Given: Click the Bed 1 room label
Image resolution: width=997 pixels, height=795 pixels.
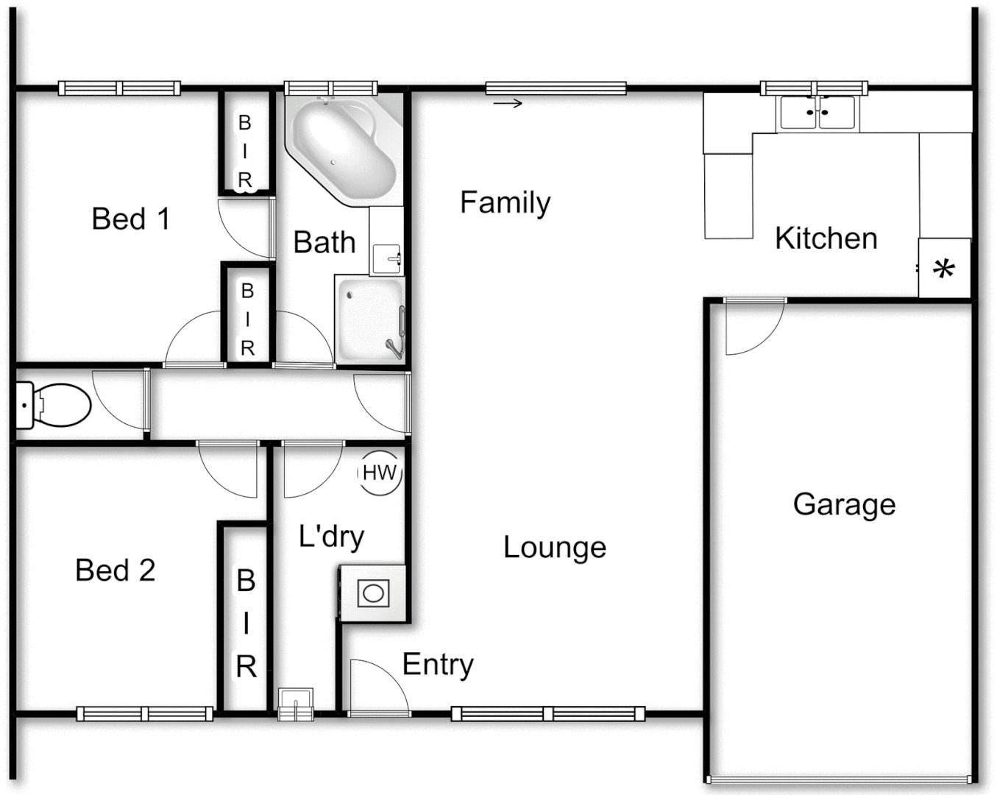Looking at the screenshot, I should click(131, 219).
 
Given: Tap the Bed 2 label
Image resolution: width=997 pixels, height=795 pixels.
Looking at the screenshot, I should click(116, 570).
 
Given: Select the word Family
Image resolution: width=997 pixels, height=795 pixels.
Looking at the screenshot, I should click(505, 202).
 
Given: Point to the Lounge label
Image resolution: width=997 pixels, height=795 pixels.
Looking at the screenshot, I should click(555, 547).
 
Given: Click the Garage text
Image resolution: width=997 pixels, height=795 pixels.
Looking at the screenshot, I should click(844, 505).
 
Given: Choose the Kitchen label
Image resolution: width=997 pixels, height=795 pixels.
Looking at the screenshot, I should click(826, 239).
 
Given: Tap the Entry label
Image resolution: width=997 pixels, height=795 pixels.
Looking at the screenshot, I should click(438, 665).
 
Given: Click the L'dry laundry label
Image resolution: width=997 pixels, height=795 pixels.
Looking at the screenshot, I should click(331, 537).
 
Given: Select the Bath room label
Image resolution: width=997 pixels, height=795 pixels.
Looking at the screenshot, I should click(324, 242).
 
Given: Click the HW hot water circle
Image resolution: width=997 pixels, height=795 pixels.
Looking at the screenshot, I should click(380, 473).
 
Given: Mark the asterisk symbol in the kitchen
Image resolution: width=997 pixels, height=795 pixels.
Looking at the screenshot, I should click(944, 269).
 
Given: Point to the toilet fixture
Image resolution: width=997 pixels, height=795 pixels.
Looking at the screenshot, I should click(54, 404).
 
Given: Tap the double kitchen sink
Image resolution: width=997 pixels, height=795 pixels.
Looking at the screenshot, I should click(817, 113).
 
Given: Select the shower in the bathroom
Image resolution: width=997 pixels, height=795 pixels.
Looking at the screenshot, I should click(370, 319).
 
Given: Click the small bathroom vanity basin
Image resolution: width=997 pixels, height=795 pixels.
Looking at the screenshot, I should click(386, 258).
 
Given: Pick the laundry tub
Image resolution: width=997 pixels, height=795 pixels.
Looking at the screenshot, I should click(373, 593).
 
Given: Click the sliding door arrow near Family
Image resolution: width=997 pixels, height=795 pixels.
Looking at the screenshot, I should click(508, 104).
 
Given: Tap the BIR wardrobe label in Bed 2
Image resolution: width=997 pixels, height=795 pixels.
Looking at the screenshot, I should click(246, 623).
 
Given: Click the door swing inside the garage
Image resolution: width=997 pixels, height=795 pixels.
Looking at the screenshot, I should click(751, 328).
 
